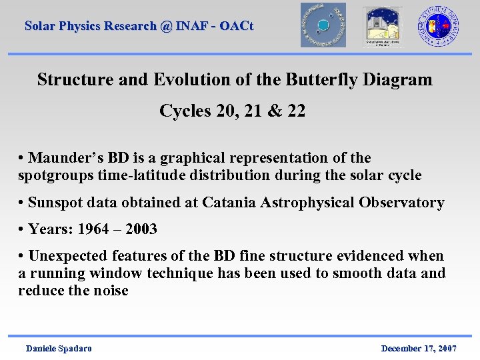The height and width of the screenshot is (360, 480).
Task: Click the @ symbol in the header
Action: pyautogui.click(x=166, y=26)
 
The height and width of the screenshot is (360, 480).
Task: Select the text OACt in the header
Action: pyautogui.click(x=237, y=26)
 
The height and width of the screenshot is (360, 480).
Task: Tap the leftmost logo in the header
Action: pyautogui.click(x=323, y=25)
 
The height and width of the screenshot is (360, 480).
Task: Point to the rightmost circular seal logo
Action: pyautogui.click(x=438, y=26)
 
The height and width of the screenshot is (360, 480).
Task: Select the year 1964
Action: pyautogui.click(x=93, y=229)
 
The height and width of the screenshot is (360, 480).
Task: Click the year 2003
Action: pyautogui.click(x=141, y=229)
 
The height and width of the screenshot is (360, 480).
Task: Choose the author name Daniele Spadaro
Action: pyautogui.click(x=59, y=349)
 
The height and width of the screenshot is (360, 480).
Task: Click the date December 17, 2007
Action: pyautogui.click(x=418, y=349)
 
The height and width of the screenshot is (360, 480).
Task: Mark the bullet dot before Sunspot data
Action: pyautogui.click(x=22, y=203)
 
